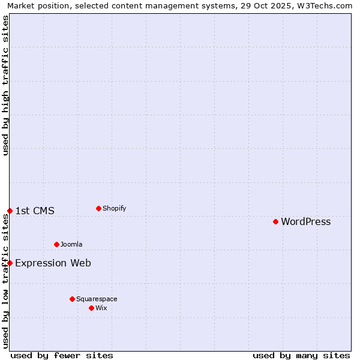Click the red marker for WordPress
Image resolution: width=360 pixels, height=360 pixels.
point(275,221)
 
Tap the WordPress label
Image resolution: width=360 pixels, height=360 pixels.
point(305,222)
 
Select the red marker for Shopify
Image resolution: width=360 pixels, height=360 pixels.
point(98,208)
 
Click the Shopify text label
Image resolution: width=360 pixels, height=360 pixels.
point(114,209)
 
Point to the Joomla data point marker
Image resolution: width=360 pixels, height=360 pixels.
point(56,244)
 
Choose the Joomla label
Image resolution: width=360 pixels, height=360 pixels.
point(71,245)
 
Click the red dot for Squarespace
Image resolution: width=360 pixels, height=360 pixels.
point(72,299)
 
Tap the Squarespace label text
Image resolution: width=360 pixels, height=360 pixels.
point(97,299)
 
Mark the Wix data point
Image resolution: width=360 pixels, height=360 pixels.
point(91,308)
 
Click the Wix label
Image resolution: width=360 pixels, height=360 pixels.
point(101,308)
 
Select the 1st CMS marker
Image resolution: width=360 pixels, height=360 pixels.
point(10,211)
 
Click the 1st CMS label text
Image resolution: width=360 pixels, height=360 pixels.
point(35,211)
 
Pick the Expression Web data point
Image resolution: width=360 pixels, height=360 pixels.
point(10,263)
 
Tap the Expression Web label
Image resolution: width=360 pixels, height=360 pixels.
point(53,263)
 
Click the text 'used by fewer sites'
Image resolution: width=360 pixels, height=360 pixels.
point(62,356)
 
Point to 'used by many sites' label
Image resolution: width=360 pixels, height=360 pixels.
point(301,356)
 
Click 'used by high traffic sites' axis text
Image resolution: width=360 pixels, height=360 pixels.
point(5,85)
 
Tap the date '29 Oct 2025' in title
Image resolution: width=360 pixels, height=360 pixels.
point(264,5)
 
